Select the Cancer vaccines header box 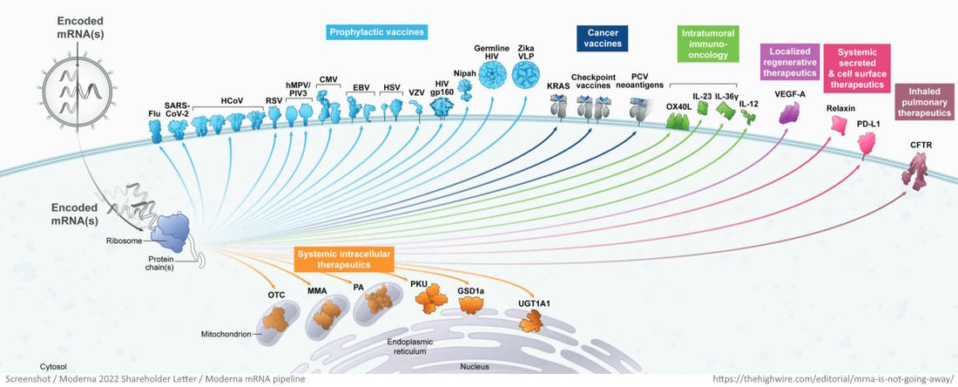point(602,38)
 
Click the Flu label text point(154,113)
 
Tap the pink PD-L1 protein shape point(867,145)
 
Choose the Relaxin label point(841,109)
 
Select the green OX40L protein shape point(678,120)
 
